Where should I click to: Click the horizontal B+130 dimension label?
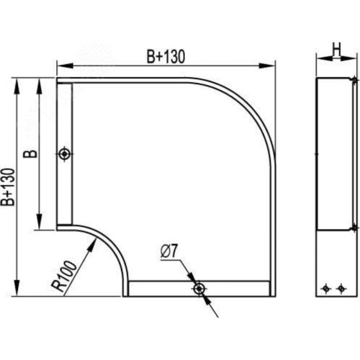coord(166,57)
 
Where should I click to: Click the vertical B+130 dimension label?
coord(8,187)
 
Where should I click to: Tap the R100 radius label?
coord(64,276)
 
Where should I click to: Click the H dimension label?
coord(336,50)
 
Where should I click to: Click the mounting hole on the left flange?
coord(65,153)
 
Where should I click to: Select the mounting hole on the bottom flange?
coord(199,289)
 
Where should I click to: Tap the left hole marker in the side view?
coord(325,288)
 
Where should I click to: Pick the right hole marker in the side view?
coord(341,288)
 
